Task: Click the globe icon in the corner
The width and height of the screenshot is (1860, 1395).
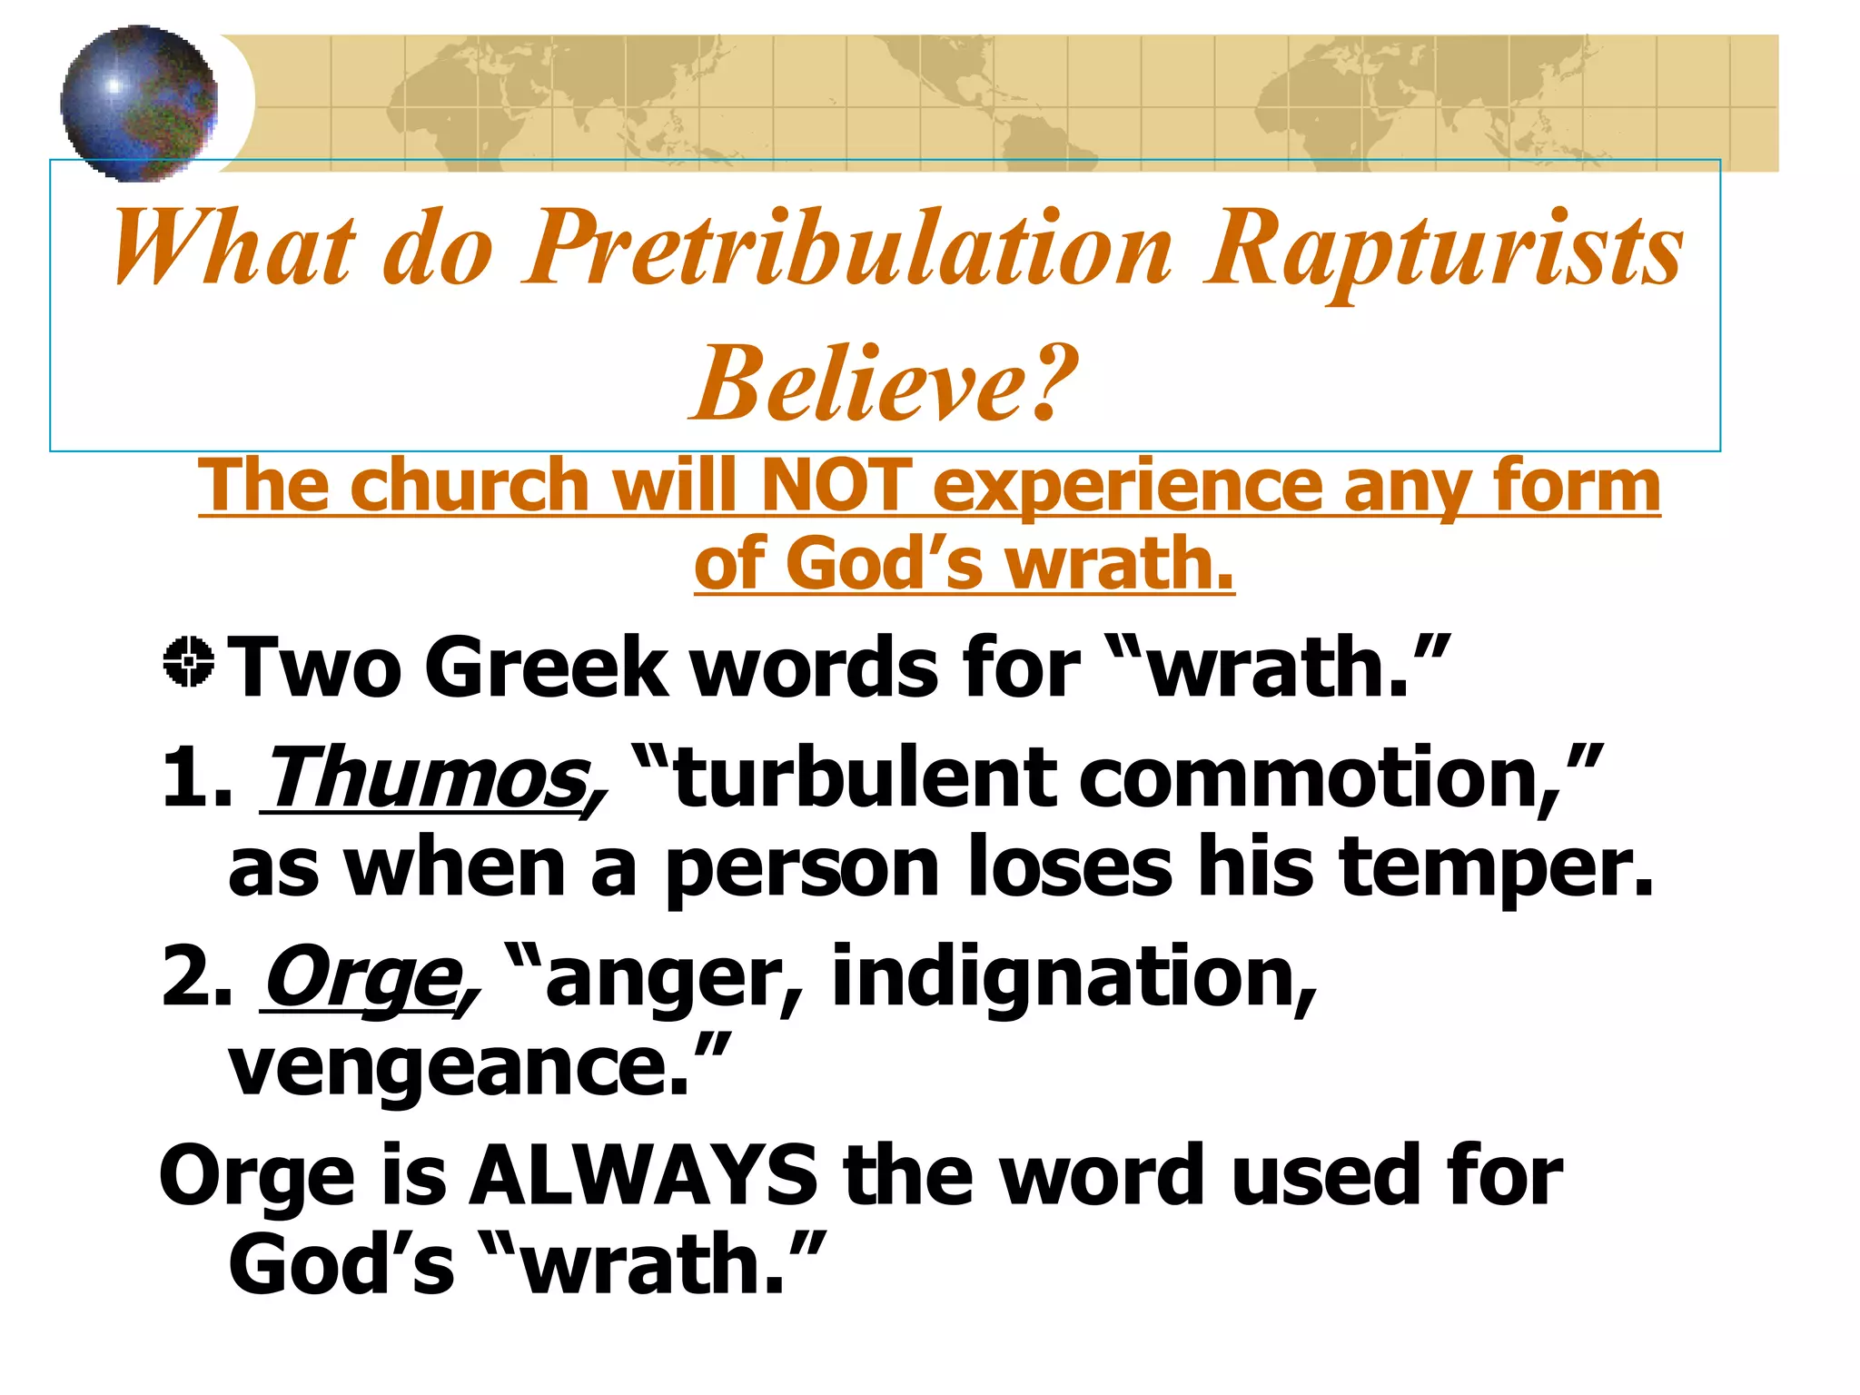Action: pos(139,103)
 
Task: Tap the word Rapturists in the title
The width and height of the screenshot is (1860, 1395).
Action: pos(1443,248)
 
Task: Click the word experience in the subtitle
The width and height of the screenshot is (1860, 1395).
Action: pos(1127,486)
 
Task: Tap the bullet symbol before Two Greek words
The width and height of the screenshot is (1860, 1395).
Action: pos(189,662)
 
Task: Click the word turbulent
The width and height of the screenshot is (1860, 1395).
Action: pos(862,777)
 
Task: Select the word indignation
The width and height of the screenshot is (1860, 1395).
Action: pos(1073,976)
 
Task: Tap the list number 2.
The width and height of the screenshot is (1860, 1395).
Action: pos(196,976)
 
